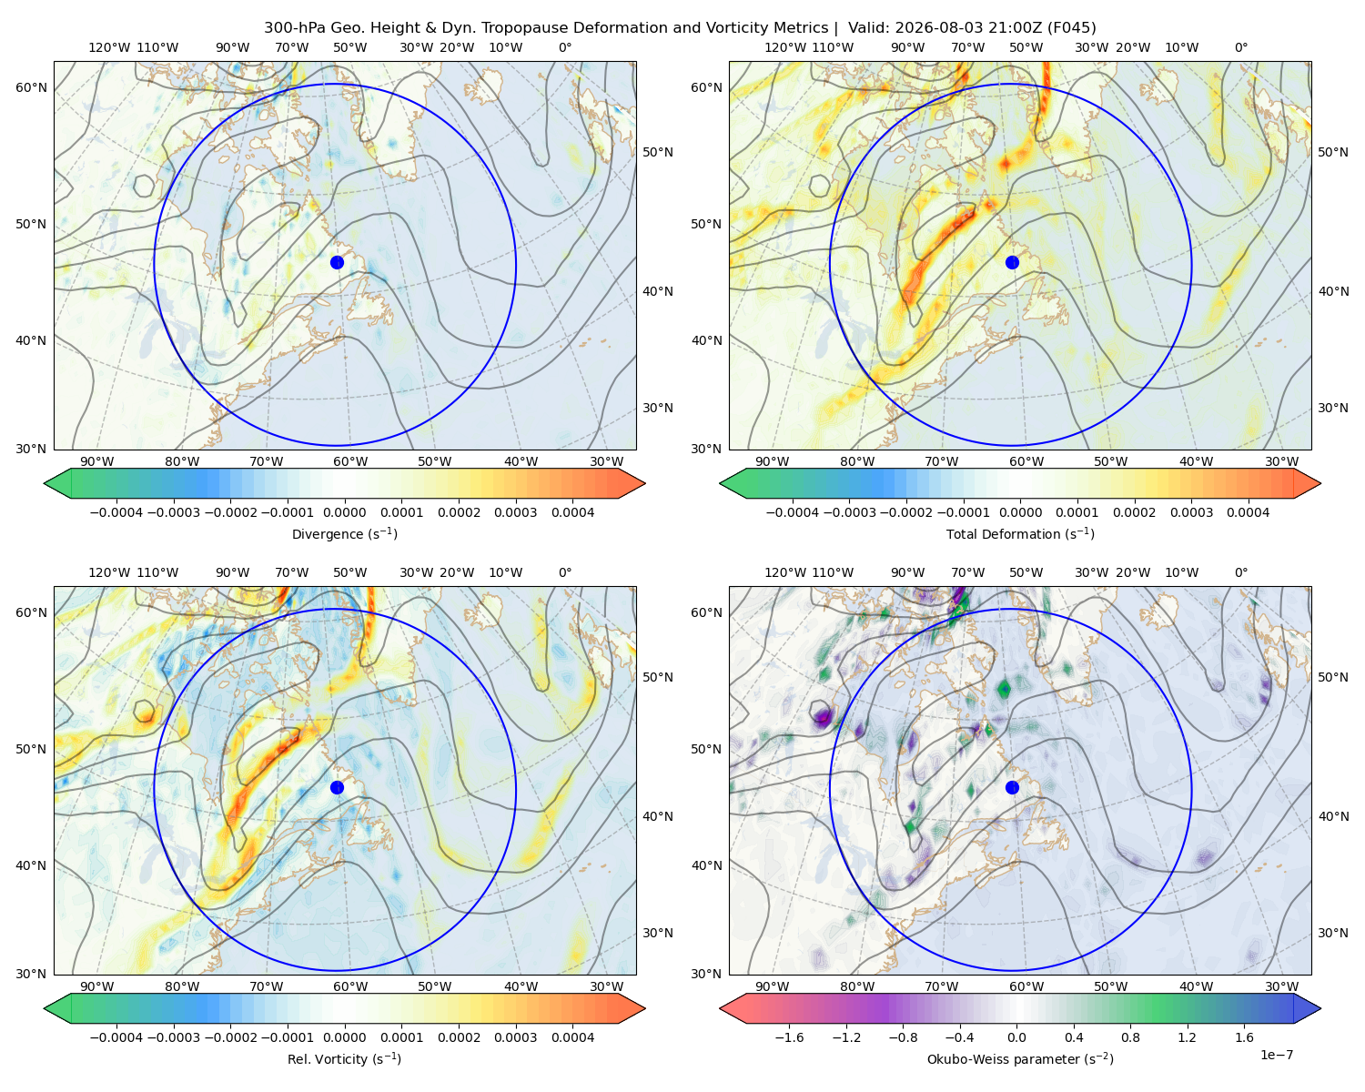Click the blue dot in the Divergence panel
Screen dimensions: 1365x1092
pos(337,262)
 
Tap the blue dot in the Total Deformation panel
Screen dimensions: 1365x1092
pos(1012,262)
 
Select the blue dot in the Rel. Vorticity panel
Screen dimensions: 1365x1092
pos(337,787)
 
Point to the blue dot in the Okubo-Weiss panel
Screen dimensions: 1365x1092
pos(1012,787)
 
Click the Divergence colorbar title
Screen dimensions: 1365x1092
pos(344,533)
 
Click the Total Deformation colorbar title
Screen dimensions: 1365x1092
pos(1020,533)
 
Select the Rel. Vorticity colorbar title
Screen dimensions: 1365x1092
pos(344,1058)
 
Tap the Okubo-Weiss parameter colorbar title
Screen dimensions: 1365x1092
pos(1020,1058)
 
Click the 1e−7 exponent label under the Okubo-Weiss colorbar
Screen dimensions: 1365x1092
pos(1276,1055)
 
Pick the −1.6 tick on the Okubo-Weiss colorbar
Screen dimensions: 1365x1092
pos(789,1037)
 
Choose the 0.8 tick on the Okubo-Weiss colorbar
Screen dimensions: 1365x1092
pos(1130,1037)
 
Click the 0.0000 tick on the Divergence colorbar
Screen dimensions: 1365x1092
pos(344,512)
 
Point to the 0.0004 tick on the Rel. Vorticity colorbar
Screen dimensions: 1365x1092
pos(572,1037)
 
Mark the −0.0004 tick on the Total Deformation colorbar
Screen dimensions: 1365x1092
pos(793,512)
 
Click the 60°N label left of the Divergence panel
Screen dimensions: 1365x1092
pos(31,87)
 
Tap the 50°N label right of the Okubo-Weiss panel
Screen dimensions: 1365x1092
pos(1332,677)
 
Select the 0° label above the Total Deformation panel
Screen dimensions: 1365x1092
pos(1240,47)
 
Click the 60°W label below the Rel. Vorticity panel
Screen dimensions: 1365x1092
pos(350,986)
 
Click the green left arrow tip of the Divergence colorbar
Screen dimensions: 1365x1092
pos(45,483)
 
